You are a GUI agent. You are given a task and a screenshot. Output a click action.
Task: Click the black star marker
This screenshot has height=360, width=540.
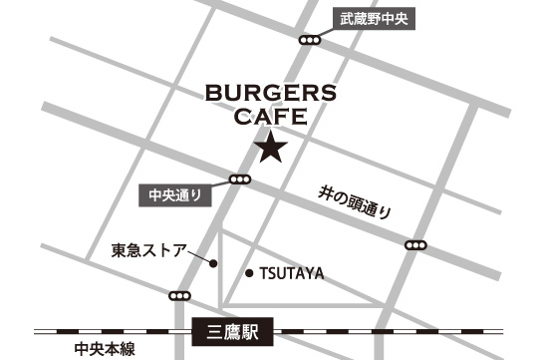(x=271, y=150)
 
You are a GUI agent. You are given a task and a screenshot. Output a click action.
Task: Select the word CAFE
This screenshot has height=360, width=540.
(x=269, y=118)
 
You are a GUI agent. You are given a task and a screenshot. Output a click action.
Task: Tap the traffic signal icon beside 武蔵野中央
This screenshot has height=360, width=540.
(x=311, y=40)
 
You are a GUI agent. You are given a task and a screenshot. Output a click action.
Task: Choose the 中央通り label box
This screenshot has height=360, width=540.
(x=174, y=195)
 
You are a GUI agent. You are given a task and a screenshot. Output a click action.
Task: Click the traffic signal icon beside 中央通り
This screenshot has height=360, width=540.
(x=239, y=180)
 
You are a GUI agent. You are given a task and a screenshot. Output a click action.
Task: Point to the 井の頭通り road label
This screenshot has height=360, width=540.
(x=354, y=203)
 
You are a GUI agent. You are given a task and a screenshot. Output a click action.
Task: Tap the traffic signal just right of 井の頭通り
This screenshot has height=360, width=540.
(x=416, y=245)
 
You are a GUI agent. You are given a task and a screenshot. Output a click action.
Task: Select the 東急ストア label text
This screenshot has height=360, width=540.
(x=147, y=249)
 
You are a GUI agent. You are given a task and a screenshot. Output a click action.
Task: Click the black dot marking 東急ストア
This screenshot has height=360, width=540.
(x=213, y=263)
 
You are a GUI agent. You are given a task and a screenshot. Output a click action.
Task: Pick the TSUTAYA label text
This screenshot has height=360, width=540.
(x=292, y=273)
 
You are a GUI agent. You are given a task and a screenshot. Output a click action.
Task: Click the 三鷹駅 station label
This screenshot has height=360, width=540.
(x=235, y=332)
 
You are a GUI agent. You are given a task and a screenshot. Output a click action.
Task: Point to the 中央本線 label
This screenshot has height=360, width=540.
(x=104, y=349)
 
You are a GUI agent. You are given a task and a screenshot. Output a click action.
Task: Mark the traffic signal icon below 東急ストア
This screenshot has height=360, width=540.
(x=180, y=296)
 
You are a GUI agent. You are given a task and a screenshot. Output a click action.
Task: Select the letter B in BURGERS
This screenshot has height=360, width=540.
(x=212, y=95)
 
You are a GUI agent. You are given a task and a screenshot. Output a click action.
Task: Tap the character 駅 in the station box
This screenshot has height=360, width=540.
(x=251, y=332)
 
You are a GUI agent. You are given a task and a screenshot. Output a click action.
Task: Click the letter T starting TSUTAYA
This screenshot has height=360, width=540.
(x=264, y=273)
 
